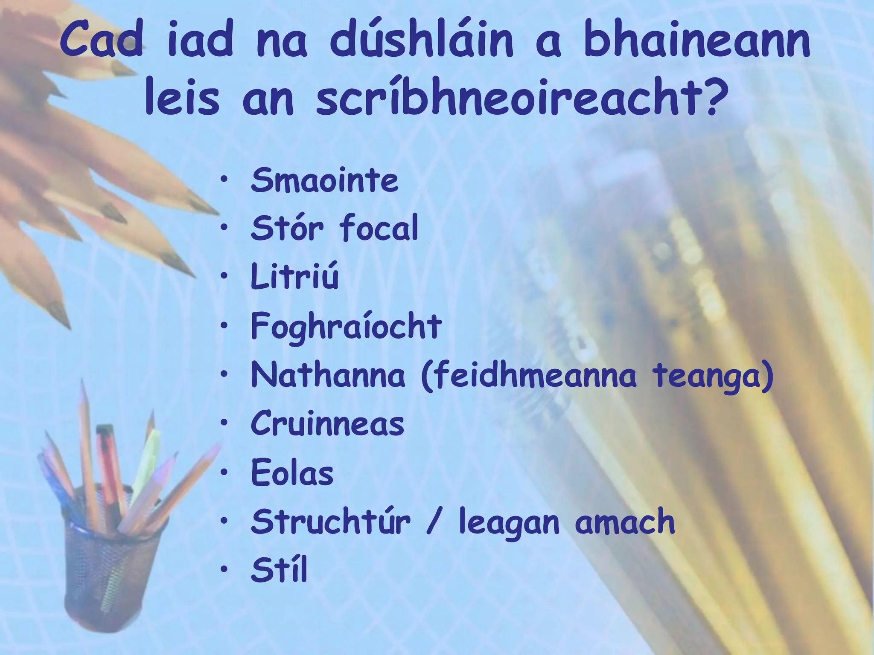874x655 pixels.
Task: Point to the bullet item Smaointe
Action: pos(324,180)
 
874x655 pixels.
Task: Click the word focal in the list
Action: pos(379,229)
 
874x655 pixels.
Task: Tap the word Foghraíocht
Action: pos(346,327)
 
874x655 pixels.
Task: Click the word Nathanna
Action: pos(328,375)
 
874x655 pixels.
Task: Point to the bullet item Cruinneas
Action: pos(327,424)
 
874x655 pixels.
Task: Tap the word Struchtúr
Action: pos(331,522)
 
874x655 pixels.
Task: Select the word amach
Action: pos(625,522)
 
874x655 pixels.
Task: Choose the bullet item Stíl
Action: pos(279,571)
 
